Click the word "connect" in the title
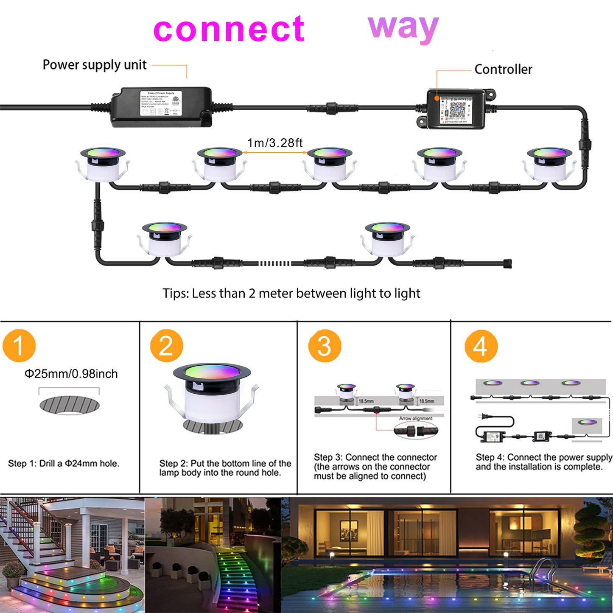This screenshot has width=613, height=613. (x=229, y=29)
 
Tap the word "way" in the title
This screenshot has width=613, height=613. (x=403, y=27)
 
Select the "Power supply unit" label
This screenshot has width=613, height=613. (x=95, y=65)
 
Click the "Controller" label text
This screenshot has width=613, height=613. (x=503, y=69)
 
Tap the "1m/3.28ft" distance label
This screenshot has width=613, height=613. (x=275, y=143)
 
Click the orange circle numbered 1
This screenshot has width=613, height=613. (x=19, y=346)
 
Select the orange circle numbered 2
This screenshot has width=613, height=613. (x=166, y=346)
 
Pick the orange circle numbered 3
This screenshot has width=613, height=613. (x=325, y=346)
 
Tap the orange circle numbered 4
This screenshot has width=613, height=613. (x=481, y=346)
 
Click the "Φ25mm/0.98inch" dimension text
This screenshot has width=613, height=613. (x=71, y=374)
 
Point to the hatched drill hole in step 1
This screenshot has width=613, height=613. (x=70, y=405)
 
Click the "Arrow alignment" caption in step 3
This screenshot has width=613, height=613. (x=415, y=418)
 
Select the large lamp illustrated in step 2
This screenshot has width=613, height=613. (x=212, y=395)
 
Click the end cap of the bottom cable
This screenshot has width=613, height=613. (x=508, y=263)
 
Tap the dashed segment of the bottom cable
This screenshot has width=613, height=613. (x=274, y=263)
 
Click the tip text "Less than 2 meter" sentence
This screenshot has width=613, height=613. (x=291, y=294)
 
